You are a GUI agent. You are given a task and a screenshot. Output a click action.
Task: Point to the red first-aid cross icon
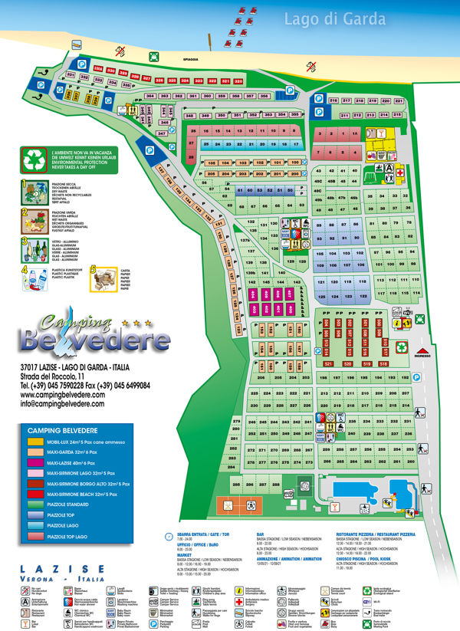click(x=399, y=173)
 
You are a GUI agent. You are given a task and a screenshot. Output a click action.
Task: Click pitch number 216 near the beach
click(x=333, y=100)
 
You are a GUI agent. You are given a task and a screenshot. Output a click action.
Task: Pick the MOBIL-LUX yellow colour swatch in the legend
click(x=35, y=442)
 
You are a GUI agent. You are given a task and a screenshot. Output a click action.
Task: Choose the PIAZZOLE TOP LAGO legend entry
click(x=69, y=536)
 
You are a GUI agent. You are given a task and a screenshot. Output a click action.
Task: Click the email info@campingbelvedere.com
click(x=62, y=403)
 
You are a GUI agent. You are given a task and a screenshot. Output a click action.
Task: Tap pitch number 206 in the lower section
click(x=261, y=378)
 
